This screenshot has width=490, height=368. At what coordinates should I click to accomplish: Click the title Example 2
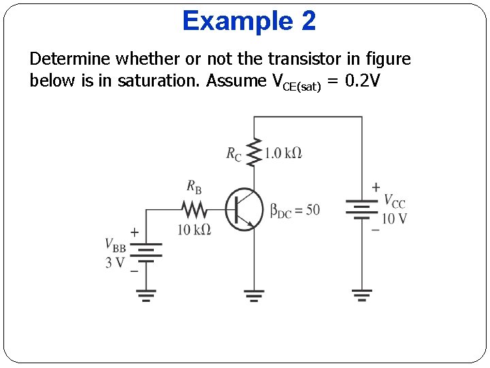[x=249, y=21]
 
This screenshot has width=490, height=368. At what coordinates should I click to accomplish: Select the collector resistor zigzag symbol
[x=254, y=153]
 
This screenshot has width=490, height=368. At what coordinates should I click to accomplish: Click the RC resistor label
[x=233, y=154]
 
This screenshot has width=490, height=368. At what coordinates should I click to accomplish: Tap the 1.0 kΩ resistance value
[x=283, y=153]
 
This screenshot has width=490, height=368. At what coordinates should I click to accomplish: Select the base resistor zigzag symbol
[x=193, y=209]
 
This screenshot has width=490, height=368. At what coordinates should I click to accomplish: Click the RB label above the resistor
[x=193, y=186]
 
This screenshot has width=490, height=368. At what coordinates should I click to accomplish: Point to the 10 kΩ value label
[x=194, y=230]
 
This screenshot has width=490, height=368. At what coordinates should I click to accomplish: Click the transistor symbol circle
[x=244, y=209]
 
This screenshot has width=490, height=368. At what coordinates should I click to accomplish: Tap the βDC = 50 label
[x=295, y=210]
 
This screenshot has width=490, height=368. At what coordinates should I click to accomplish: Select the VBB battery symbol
[x=146, y=253]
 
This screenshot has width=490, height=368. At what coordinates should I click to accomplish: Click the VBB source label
[x=115, y=245]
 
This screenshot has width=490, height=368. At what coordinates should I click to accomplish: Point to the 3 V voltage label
[x=115, y=262]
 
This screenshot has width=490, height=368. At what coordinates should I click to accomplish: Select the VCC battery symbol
[x=362, y=210]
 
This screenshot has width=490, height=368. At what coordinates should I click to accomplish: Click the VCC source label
[x=395, y=201]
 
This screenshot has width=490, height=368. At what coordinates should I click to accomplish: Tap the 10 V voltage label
[x=394, y=219]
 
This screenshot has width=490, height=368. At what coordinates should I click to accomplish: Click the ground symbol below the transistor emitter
[x=254, y=295]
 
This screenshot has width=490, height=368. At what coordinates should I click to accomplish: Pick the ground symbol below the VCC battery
[x=362, y=295]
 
